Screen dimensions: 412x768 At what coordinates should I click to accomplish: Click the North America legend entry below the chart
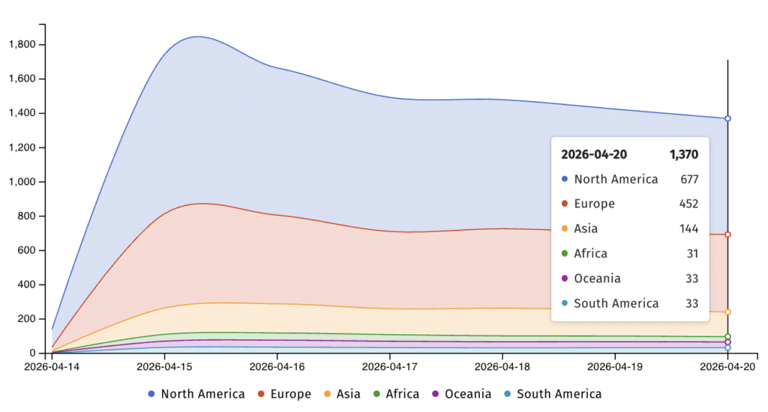[x=196, y=394]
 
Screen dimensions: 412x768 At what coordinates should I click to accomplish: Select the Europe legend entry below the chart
[x=284, y=394]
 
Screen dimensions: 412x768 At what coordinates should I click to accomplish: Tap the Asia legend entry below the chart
[x=342, y=394]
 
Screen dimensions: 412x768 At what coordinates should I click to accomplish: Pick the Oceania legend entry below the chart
[x=461, y=394]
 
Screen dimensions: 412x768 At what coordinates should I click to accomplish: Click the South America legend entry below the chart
[x=552, y=394]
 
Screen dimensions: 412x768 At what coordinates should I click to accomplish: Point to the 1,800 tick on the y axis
[x=22, y=45]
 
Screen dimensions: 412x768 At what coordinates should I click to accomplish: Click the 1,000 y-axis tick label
[x=22, y=182]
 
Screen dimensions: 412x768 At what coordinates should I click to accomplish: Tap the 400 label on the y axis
[x=28, y=285]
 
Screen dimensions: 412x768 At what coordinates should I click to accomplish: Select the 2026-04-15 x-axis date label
[x=164, y=367]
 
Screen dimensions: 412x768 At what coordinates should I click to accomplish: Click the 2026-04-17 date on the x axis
[x=389, y=367]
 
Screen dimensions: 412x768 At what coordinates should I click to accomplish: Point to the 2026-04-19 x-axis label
[x=614, y=367]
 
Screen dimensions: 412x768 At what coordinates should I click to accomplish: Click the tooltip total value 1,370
[x=684, y=155]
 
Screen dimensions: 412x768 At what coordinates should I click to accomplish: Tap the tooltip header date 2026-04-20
[x=594, y=155]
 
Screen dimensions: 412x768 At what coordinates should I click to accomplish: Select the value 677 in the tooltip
[x=688, y=179]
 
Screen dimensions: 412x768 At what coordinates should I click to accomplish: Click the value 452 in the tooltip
[x=688, y=204]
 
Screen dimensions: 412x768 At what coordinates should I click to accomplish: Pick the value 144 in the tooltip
[x=688, y=228]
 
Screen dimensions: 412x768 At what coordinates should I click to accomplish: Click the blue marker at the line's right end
[x=727, y=118]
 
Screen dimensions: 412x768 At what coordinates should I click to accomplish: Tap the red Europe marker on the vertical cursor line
[x=727, y=234]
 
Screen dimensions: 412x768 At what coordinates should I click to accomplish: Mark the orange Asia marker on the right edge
[x=727, y=312]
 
